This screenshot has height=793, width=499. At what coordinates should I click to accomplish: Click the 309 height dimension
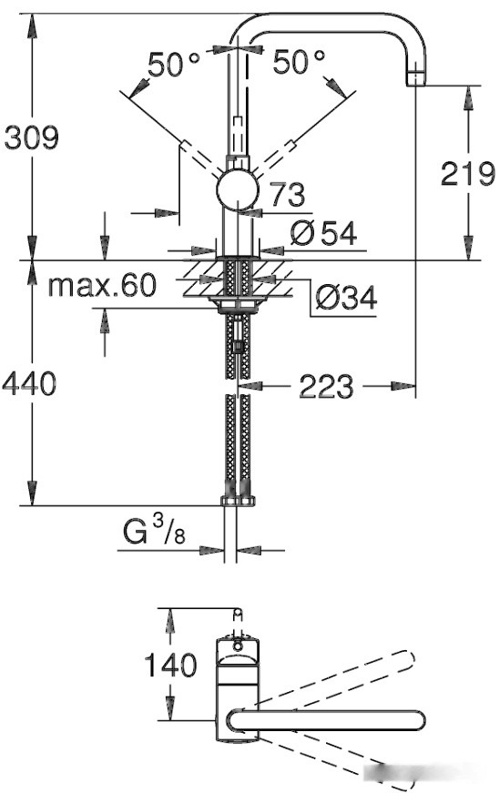click(31, 137)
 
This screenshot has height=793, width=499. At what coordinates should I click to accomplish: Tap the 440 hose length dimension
click(28, 383)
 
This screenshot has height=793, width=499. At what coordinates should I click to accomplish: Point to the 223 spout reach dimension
click(325, 387)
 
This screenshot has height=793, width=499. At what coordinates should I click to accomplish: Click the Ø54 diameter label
click(322, 234)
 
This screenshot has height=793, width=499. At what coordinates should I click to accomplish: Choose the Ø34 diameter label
click(344, 296)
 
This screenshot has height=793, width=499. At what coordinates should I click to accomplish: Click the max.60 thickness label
click(101, 285)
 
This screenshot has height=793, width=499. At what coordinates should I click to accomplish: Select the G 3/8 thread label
click(154, 531)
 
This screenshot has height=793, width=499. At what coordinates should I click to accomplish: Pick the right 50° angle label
click(299, 63)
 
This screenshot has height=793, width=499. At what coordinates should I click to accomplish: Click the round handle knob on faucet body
click(237, 192)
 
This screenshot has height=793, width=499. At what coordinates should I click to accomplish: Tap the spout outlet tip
click(417, 78)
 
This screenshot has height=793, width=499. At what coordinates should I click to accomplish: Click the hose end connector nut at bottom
click(239, 500)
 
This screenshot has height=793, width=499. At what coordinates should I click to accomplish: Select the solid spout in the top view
click(328, 720)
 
